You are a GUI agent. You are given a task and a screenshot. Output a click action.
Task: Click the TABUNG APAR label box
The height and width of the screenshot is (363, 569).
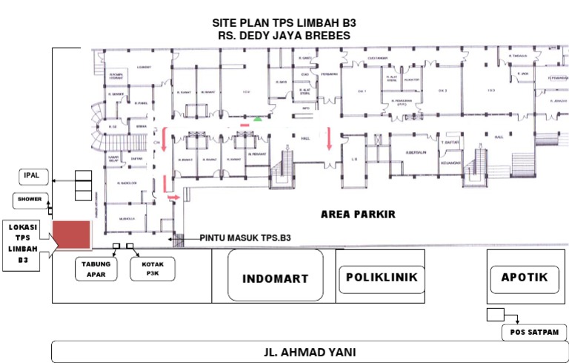point(96,268)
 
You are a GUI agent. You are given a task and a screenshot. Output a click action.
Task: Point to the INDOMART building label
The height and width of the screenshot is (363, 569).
point(275,278)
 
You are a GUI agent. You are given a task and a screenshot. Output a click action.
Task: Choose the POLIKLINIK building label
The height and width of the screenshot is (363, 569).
point(382,277)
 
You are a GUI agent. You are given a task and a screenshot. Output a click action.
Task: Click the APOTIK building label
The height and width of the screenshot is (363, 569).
point(524,278)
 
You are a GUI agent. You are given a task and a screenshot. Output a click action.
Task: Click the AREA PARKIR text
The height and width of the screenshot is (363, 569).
point(358,215)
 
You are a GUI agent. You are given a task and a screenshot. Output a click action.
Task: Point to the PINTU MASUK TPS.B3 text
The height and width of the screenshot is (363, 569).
point(244,239)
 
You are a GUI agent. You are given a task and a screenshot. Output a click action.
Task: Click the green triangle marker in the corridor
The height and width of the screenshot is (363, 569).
point(257,118)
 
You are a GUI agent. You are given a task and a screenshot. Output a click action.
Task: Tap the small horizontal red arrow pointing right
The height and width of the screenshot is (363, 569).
point(174,197)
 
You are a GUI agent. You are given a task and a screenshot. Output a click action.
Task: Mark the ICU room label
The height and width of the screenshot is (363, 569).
point(245,92)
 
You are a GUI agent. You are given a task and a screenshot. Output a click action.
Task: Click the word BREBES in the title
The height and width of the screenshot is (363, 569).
point(326,35)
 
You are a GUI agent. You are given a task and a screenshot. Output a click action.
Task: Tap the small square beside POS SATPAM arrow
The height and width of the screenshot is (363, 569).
point(495,314)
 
